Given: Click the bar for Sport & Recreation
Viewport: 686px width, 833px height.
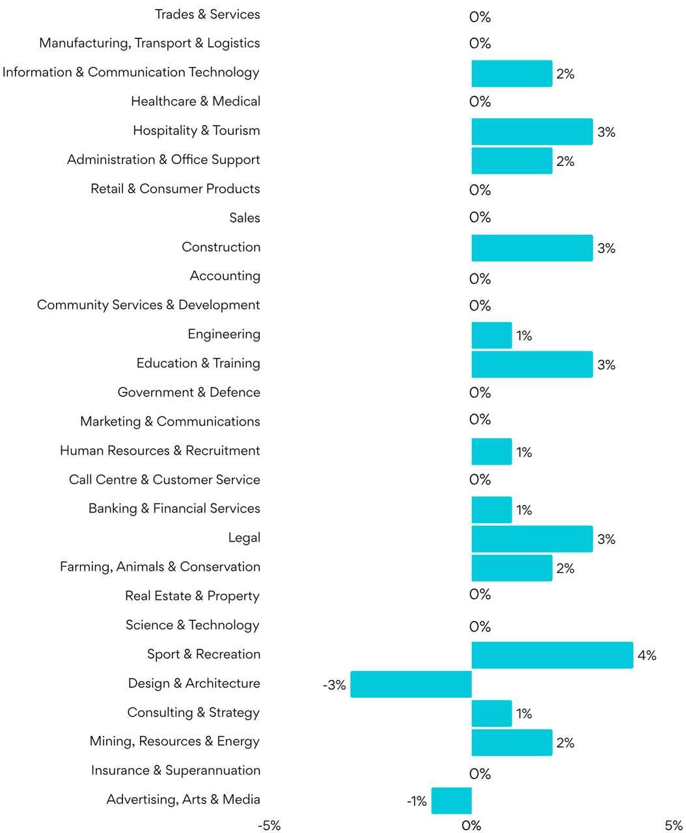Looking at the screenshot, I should click(552, 655).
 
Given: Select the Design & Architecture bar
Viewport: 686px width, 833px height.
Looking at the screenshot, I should click(411, 684).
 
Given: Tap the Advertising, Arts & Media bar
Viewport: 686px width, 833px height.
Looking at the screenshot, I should click(451, 800).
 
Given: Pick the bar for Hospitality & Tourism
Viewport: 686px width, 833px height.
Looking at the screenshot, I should click(532, 131).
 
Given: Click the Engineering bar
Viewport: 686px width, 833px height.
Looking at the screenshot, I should click(491, 335).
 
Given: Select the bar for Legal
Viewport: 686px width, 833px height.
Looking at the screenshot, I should click(532, 539).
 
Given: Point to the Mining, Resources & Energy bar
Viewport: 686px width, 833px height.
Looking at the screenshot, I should click(512, 743).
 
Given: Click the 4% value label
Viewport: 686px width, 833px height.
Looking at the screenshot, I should click(647, 655).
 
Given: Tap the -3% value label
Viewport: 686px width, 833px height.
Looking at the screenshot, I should click(335, 685).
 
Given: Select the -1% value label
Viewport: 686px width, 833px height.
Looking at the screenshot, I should click(417, 801).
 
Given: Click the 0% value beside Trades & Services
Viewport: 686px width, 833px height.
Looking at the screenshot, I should click(480, 17).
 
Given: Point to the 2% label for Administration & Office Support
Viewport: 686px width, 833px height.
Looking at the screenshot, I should click(565, 161).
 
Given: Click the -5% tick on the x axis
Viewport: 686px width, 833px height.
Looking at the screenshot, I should click(269, 825).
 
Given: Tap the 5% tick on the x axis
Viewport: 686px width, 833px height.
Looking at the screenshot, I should click(674, 825).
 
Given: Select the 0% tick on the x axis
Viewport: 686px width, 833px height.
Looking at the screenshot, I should click(471, 825).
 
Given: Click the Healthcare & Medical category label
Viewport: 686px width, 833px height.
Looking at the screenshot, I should click(195, 102).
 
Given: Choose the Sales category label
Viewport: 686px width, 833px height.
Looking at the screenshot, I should click(244, 218).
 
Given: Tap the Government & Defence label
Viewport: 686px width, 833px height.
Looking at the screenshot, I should click(189, 392).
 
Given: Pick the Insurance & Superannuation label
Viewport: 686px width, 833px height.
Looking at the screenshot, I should click(176, 771).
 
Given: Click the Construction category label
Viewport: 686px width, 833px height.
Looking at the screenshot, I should click(221, 247).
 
